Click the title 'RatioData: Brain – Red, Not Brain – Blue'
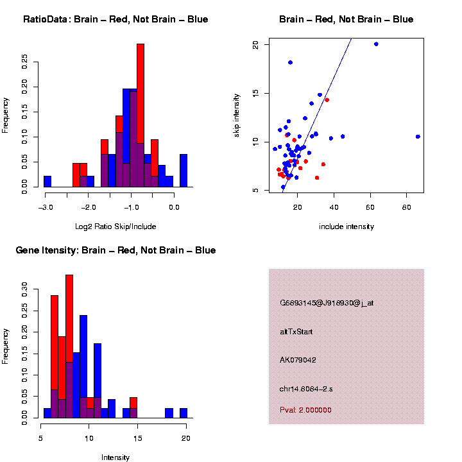click(x=116, y=19)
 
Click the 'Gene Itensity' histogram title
click(x=116, y=250)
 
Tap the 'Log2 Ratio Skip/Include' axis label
click(x=116, y=227)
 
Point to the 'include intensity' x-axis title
click(x=346, y=227)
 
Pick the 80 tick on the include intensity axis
click(x=407, y=207)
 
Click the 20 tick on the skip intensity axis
click(x=256, y=44)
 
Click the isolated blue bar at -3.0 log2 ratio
click(x=47, y=182)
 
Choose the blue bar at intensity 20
click(x=184, y=413)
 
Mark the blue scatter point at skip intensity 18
click(x=290, y=62)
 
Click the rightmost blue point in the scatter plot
click(x=418, y=137)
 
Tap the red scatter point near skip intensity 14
click(x=327, y=100)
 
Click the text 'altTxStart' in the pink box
click(x=296, y=332)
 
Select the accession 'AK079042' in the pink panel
click(x=298, y=360)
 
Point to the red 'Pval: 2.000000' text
click(x=305, y=410)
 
